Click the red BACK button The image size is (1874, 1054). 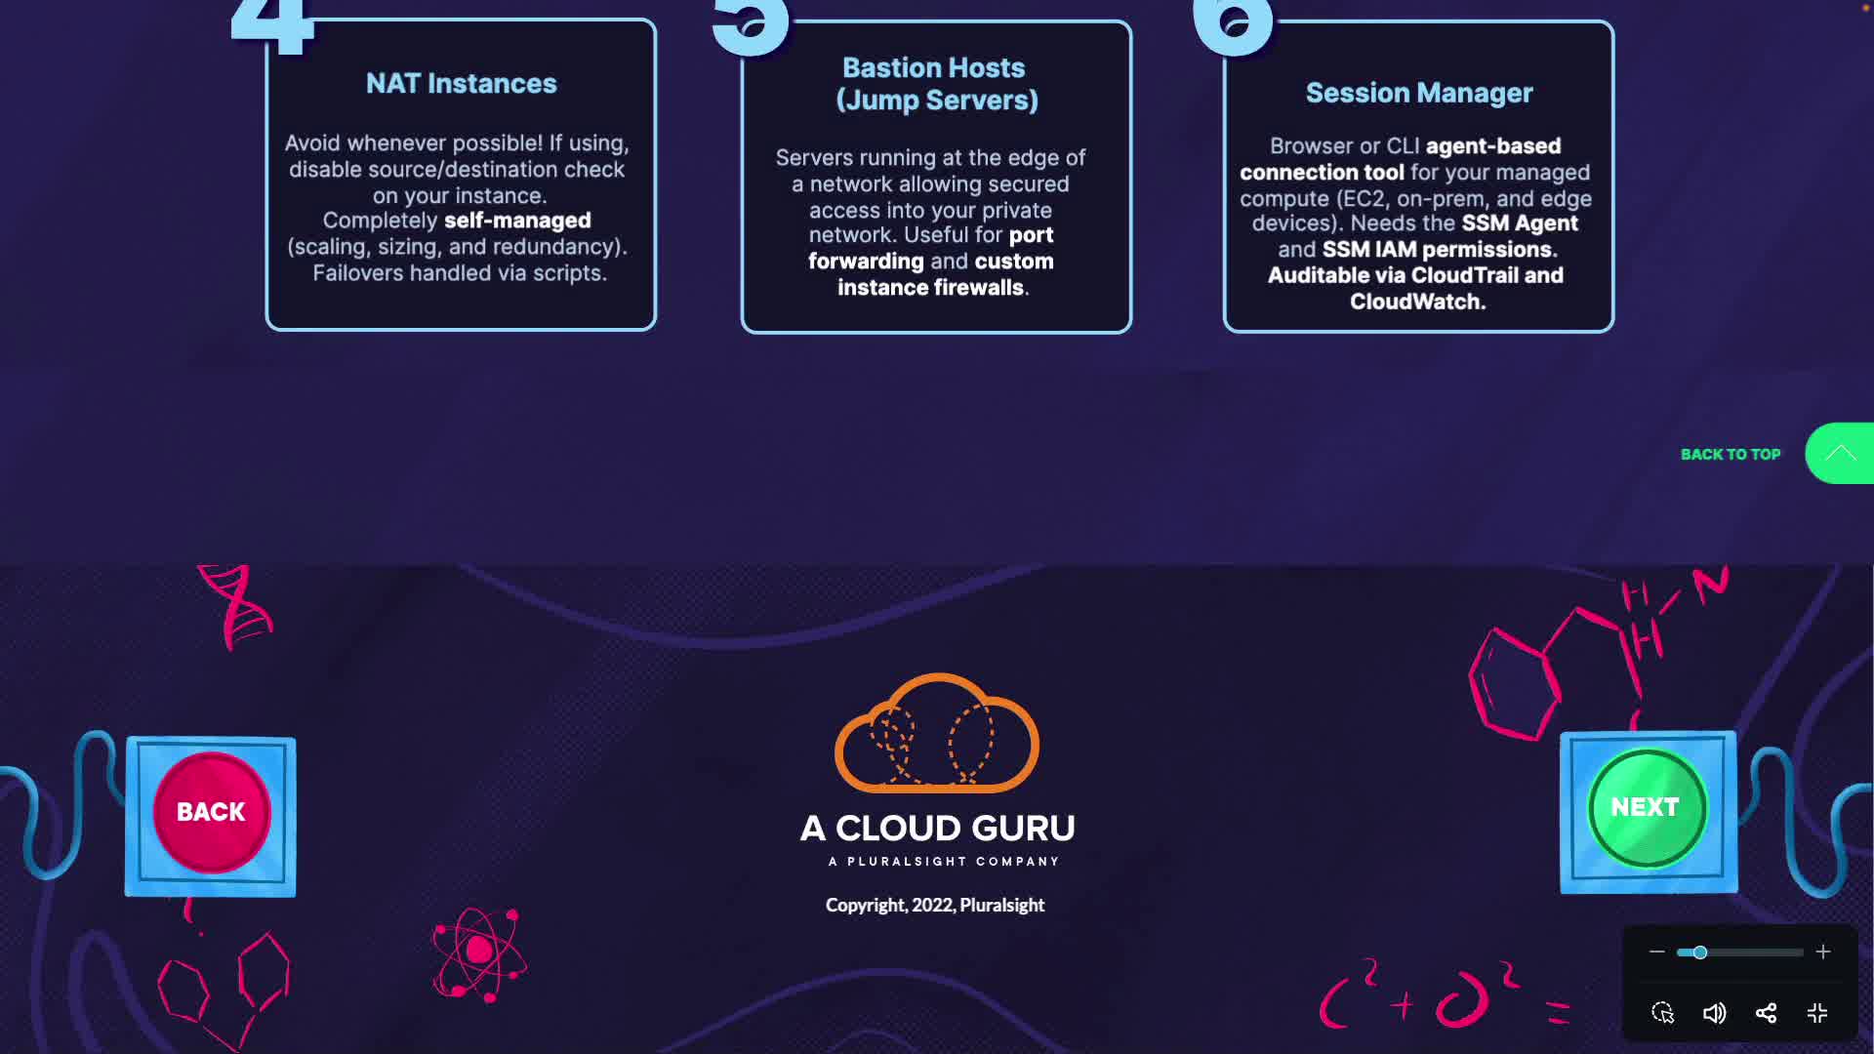[211, 812]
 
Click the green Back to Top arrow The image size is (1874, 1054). [1840, 453]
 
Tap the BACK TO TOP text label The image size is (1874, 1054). [1730, 455]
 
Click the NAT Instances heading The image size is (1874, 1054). [461, 84]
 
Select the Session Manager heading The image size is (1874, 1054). [1418, 93]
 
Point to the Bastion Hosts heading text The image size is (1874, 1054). [935, 84]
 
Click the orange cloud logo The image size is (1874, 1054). [936, 735]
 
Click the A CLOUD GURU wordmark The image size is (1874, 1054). [937, 829]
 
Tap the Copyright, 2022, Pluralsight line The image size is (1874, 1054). [934, 906]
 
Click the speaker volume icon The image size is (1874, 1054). [1714, 1013]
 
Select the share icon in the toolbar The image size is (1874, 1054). [1766, 1013]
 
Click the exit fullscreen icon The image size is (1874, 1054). [1816, 1013]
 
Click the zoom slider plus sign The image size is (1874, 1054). [1822, 952]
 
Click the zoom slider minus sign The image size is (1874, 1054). [1656, 952]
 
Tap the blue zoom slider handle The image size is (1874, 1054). [1699, 953]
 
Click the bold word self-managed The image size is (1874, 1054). [517, 221]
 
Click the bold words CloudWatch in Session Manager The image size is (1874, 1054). [1417, 303]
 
